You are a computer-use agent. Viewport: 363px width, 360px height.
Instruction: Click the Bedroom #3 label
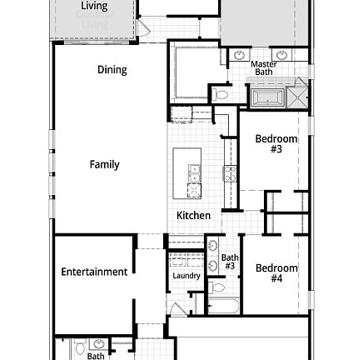point(271,139)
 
